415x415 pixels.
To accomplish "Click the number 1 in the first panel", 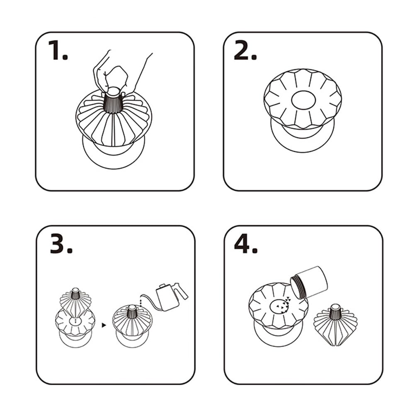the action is point(55,50).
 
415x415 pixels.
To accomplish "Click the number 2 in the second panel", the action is point(242,50).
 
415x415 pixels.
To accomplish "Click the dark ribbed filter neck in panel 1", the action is point(114,103).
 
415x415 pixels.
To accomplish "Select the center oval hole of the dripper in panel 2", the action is point(303,100).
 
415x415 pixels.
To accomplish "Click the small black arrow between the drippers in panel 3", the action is point(104,325).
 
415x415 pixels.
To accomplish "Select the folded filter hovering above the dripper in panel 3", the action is point(75,302).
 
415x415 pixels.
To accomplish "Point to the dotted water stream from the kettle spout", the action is point(141,301).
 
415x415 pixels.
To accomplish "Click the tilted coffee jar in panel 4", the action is point(309,282).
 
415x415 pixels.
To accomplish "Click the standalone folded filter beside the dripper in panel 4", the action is point(335,325).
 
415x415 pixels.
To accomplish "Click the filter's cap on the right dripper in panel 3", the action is point(132,308).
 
